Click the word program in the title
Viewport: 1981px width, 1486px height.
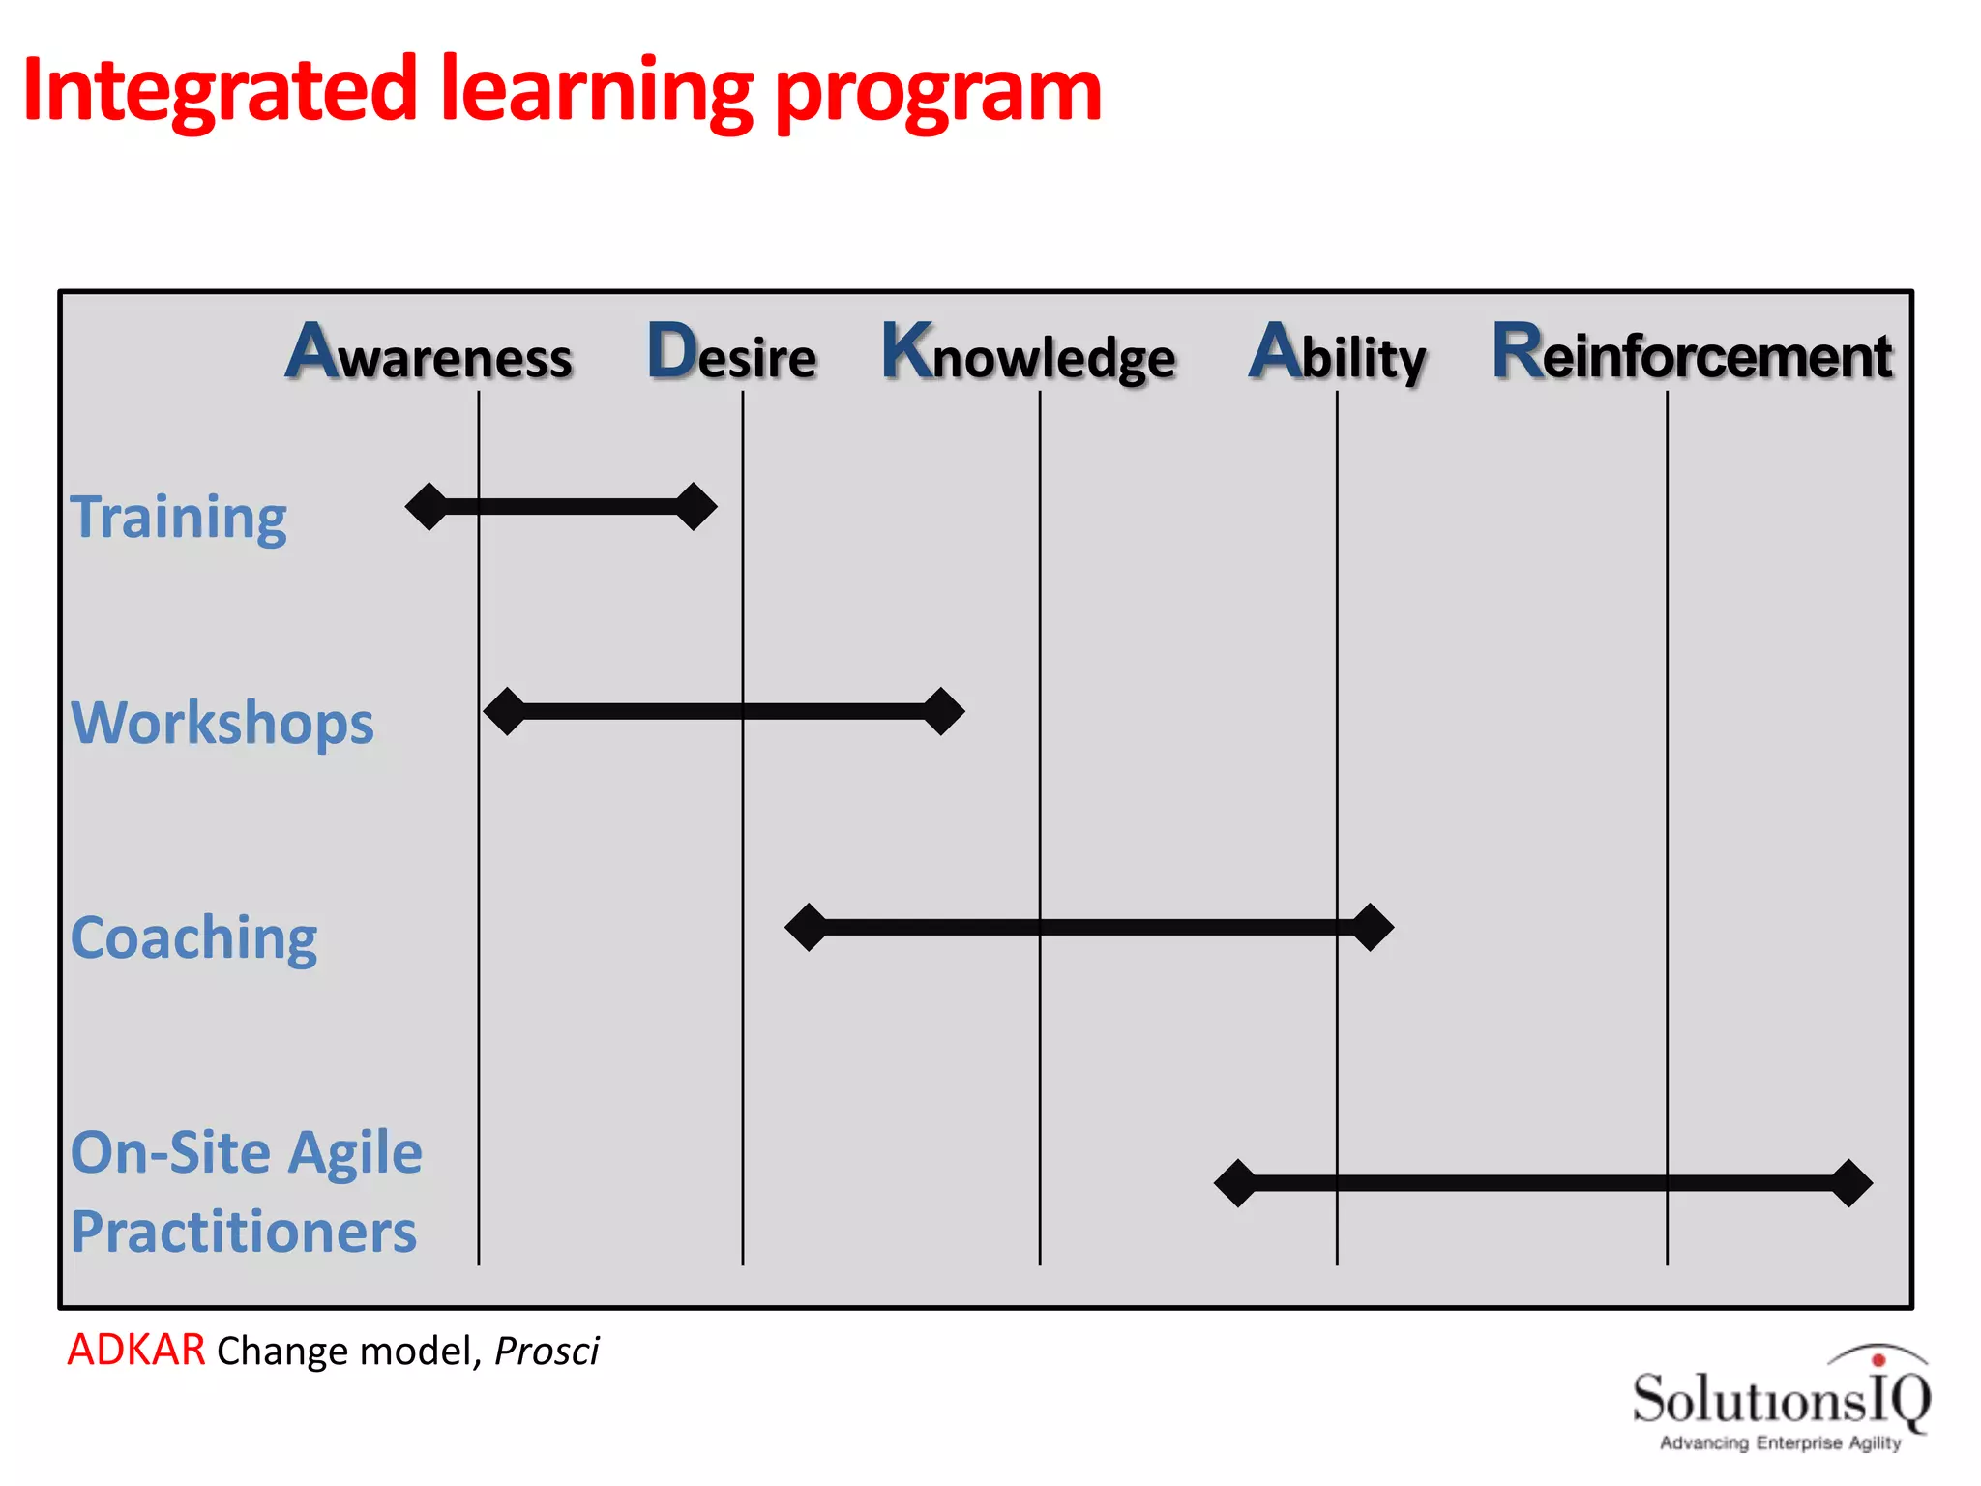(x=938, y=94)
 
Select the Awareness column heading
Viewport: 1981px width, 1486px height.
(x=429, y=354)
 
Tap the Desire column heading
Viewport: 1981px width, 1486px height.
(x=732, y=354)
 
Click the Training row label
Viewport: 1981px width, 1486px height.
(x=179, y=518)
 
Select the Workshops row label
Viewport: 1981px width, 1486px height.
(x=222, y=724)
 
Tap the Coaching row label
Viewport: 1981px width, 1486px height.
(x=194, y=938)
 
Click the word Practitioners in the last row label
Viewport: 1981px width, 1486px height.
(x=244, y=1232)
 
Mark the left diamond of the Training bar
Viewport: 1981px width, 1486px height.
(x=428, y=507)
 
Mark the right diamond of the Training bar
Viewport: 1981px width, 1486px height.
(x=695, y=507)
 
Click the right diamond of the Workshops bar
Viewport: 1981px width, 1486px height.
(x=942, y=712)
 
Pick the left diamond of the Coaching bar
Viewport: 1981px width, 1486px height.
(x=807, y=928)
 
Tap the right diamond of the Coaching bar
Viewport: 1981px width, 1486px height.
(x=1372, y=928)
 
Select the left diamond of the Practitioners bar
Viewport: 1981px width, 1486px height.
(x=1236, y=1183)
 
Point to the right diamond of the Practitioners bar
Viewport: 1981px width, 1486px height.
(x=1850, y=1183)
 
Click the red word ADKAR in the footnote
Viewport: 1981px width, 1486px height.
(x=136, y=1350)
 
